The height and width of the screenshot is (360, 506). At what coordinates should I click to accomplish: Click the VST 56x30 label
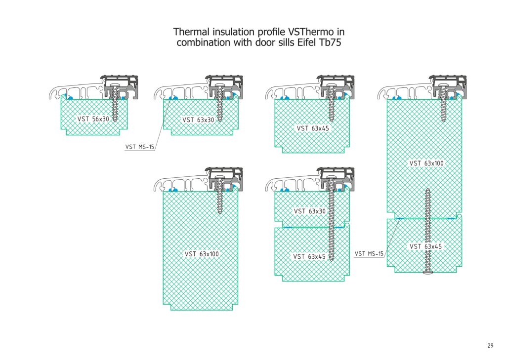[x=93, y=119]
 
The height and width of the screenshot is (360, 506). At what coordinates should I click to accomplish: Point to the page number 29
[x=490, y=346]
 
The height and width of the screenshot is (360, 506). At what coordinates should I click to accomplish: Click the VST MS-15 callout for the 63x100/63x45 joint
[x=369, y=254]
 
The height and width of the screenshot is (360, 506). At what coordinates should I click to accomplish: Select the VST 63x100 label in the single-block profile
[x=202, y=254]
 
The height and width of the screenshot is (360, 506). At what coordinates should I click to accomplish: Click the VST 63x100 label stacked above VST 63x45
[x=426, y=163]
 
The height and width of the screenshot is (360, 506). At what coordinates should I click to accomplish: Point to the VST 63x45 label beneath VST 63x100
[x=425, y=246]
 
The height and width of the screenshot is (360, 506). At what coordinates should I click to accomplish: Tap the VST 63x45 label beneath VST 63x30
[x=309, y=256]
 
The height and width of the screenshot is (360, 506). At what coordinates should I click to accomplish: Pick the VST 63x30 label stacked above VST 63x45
[x=310, y=211]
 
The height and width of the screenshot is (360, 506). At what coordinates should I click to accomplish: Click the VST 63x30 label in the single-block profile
[x=198, y=120]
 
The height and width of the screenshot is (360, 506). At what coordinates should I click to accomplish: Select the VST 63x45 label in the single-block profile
[x=313, y=128]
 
